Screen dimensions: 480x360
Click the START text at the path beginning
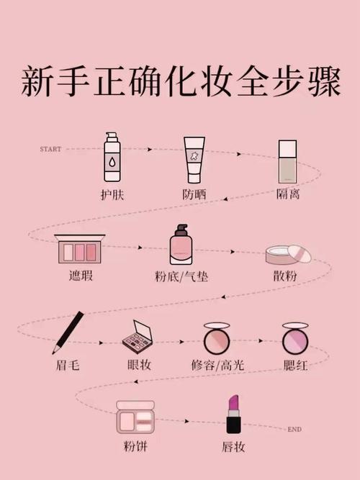click(50, 149)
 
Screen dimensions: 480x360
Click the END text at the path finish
click(294, 430)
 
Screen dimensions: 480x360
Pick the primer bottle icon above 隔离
click(288, 160)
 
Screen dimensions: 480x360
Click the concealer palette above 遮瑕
click(80, 250)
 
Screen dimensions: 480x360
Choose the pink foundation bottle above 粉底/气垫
click(181, 246)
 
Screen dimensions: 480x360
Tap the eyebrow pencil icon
click(68, 332)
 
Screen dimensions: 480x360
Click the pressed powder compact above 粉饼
click(135, 417)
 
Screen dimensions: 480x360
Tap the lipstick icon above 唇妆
click(233, 415)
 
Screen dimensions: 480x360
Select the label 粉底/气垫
click(182, 277)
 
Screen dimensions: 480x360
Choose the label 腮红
click(295, 365)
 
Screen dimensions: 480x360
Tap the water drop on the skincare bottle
click(112, 163)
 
